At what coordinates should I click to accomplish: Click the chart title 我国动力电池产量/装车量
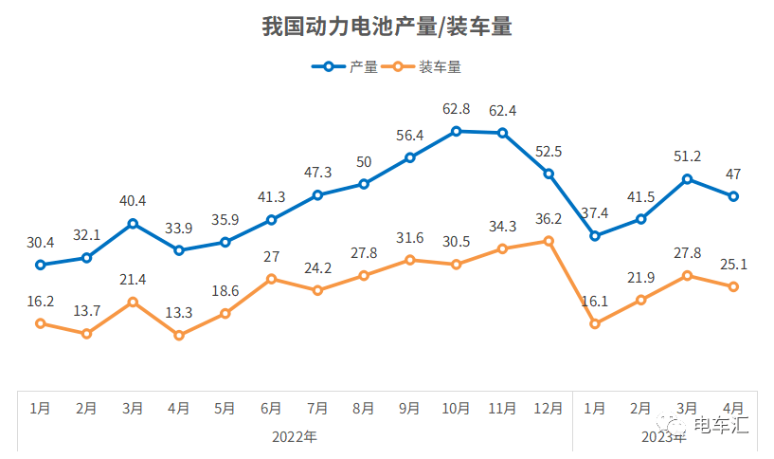(x=387, y=27)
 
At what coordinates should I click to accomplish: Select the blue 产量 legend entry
(x=347, y=67)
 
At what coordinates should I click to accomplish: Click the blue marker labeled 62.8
(x=456, y=131)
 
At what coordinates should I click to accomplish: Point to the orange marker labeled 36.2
(x=549, y=241)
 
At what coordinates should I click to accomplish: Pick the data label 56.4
(x=410, y=135)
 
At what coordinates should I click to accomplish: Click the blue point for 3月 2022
(x=133, y=224)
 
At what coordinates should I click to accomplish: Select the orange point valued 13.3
(x=179, y=335)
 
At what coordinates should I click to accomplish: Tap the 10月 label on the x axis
(x=456, y=409)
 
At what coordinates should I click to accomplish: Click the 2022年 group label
(x=294, y=437)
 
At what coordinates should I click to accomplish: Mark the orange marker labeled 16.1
(x=595, y=323)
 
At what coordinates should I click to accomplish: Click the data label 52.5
(x=549, y=151)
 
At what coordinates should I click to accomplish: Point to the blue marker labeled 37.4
(x=595, y=235)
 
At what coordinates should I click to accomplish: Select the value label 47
(x=733, y=174)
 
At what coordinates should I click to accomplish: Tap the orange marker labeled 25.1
(x=733, y=286)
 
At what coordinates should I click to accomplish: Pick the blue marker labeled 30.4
(x=40, y=265)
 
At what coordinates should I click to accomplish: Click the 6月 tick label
(x=271, y=409)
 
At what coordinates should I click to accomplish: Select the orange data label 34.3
(x=502, y=226)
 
